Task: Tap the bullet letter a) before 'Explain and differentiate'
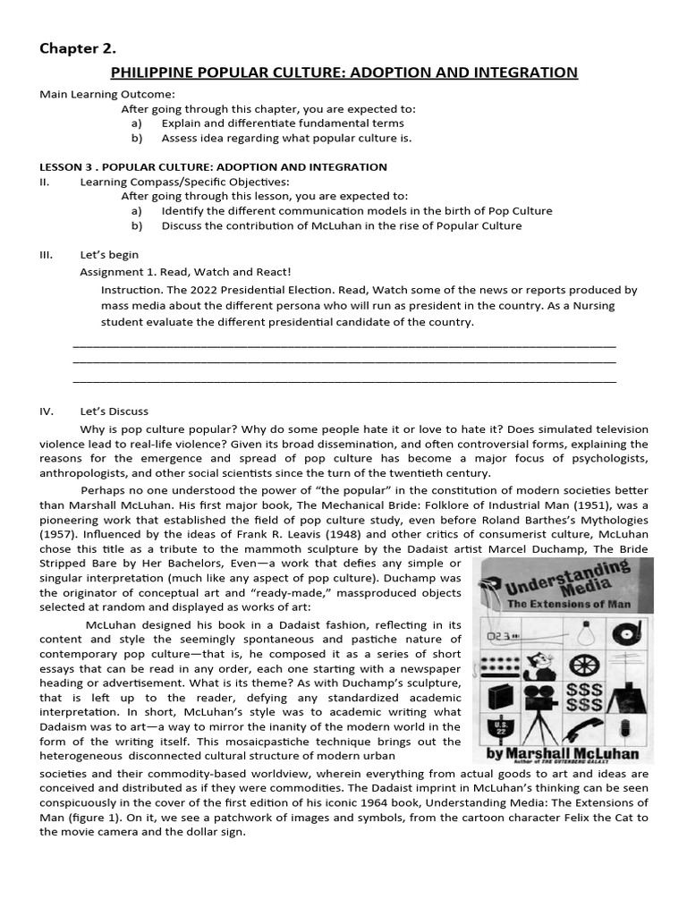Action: (x=136, y=123)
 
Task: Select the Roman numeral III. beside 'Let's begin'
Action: (x=47, y=255)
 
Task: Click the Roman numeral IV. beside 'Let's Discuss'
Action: (x=47, y=411)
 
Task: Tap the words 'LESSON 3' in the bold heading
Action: (x=64, y=166)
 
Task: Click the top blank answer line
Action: (x=343, y=344)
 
